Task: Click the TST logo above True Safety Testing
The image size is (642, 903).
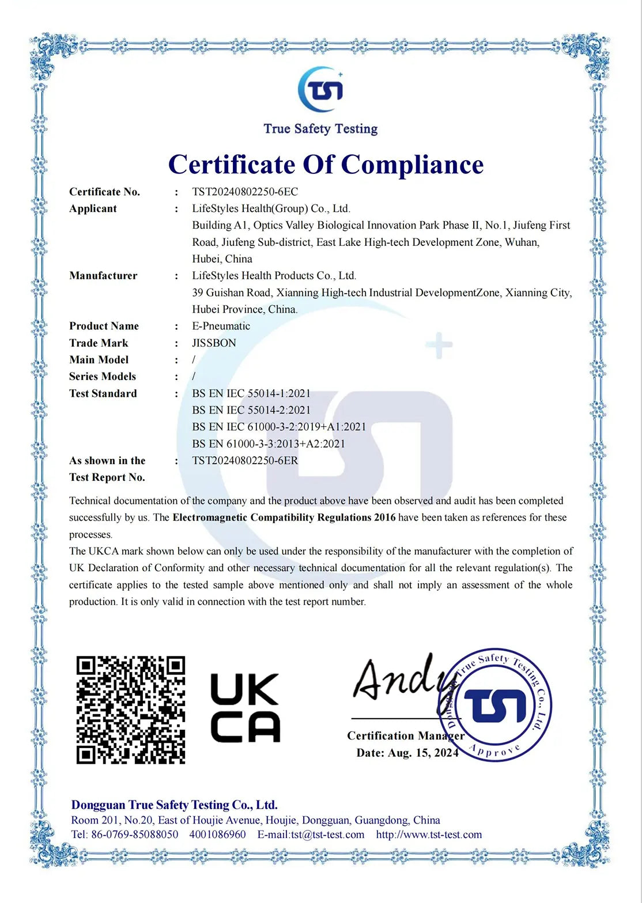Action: [320, 89]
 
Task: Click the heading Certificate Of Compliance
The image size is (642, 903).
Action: [326, 165]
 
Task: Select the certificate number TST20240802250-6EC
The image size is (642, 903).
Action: [245, 192]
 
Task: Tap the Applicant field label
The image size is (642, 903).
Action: [93, 208]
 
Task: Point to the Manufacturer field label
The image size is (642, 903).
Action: [103, 275]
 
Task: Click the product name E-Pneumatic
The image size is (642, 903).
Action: [221, 326]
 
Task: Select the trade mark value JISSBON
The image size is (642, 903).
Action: [214, 343]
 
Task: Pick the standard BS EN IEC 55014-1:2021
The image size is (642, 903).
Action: [251, 393]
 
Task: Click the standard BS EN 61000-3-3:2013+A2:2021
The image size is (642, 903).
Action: [269, 443]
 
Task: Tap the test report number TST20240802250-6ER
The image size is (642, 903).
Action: [245, 460]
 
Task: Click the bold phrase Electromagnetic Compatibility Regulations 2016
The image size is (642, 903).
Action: [284, 517]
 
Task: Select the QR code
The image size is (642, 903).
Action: [131, 709]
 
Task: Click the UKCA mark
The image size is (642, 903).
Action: [245, 708]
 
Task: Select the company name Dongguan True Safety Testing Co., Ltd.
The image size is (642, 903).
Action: [175, 805]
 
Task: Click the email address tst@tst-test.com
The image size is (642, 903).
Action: [327, 834]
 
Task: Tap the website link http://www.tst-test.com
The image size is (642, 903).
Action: [429, 834]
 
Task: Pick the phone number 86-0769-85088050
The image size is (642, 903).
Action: [134, 834]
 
